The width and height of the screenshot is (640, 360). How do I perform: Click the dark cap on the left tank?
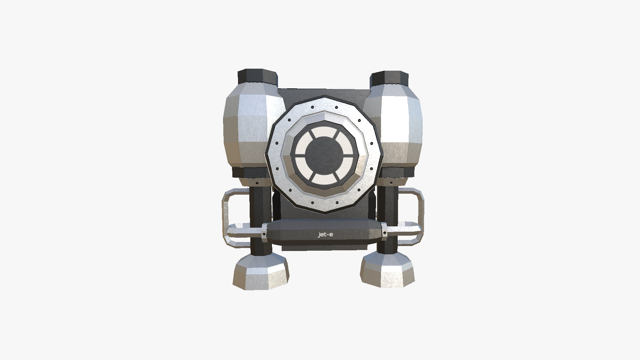click(x=257, y=77)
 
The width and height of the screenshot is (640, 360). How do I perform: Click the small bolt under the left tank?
click(x=257, y=184)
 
